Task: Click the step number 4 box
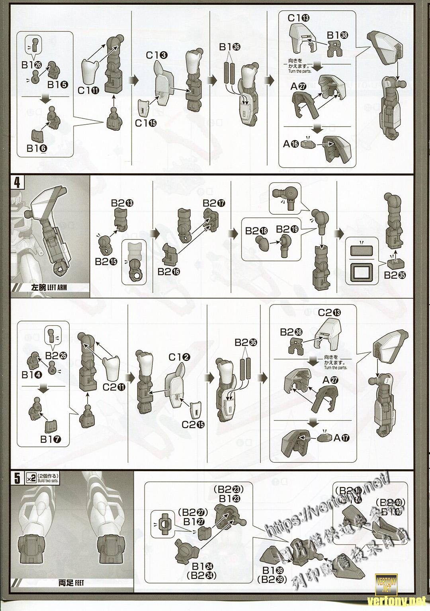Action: (x=17, y=182)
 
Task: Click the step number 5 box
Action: (x=17, y=478)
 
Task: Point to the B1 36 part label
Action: (x=230, y=47)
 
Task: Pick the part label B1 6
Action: (x=37, y=148)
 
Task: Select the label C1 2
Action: (x=177, y=357)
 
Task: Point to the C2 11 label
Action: (x=113, y=386)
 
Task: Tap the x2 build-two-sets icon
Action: (x=31, y=478)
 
